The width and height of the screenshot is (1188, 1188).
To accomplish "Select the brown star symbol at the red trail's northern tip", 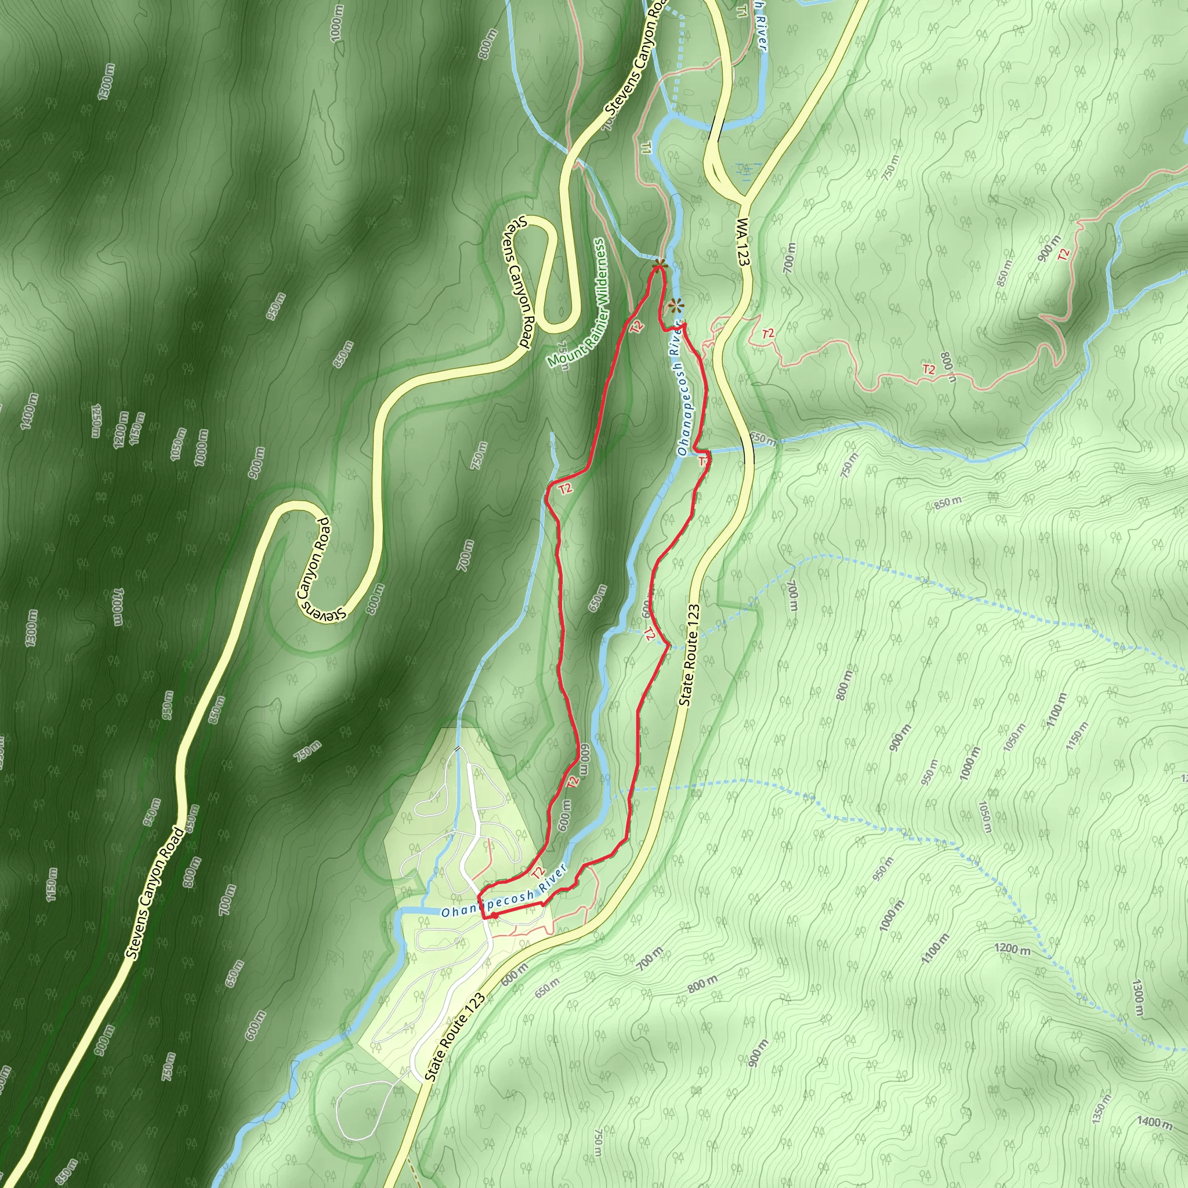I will [x=659, y=265].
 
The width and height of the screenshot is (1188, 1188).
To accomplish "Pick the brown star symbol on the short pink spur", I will [x=676, y=305].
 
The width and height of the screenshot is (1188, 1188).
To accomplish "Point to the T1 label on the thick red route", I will [x=702, y=460].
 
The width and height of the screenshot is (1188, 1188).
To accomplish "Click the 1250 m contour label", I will [x=95, y=420].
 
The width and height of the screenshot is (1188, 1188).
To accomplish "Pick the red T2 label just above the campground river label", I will [x=538, y=872].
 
